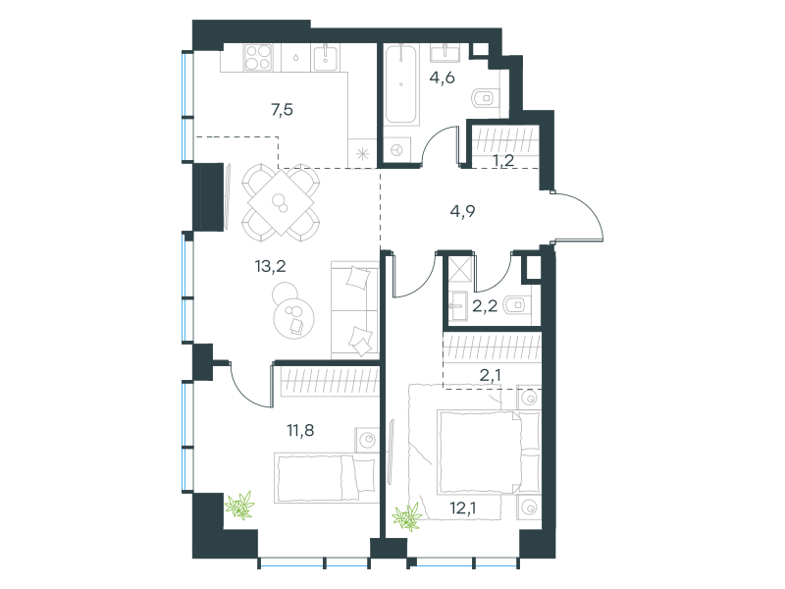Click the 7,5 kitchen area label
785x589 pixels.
[x=283, y=109]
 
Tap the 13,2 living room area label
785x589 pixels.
[x=271, y=266]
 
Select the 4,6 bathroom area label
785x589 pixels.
[x=443, y=78]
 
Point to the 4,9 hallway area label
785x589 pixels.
[x=462, y=211]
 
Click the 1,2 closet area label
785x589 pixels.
[x=503, y=161]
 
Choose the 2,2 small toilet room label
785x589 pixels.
[x=485, y=305]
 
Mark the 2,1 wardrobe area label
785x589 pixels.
[x=490, y=375]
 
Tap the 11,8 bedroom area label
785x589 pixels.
[x=300, y=430]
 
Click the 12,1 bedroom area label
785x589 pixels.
[x=462, y=508]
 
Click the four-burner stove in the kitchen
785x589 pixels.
[x=258, y=57]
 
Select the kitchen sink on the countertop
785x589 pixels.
[x=326, y=57]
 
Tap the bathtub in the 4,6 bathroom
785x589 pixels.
[x=400, y=84]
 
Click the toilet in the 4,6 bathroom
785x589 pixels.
[x=486, y=98]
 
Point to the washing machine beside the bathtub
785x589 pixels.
[x=397, y=150]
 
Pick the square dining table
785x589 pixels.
[x=282, y=202]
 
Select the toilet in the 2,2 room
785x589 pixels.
[x=517, y=304]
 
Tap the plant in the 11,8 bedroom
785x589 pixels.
[x=240, y=505]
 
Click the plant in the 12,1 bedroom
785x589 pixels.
[x=407, y=517]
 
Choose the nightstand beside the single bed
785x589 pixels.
[x=367, y=440]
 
